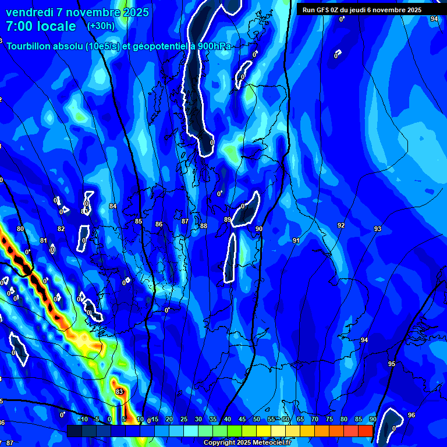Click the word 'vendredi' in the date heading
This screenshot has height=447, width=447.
coord(30,12)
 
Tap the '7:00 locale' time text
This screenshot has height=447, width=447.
coord(41,26)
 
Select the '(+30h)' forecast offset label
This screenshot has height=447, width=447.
coord(101,26)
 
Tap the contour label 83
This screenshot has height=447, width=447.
coord(119,392)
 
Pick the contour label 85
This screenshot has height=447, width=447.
coord(139,222)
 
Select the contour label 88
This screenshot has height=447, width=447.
coord(203,226)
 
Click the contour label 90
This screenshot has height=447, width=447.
coord(258,229)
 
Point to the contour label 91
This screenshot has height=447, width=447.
coord(296,240)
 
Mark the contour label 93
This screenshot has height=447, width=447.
coord(377,229)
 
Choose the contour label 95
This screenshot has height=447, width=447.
coord(392,364)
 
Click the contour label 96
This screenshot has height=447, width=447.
coord(411,415)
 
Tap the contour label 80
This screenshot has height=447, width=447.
coord(20,229)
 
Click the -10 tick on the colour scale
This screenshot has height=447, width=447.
coord(83,419)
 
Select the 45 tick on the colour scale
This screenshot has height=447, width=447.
coord(242,419)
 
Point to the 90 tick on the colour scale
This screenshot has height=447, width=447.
coord(372,419)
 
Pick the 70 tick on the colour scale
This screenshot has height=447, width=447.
coord(315,419)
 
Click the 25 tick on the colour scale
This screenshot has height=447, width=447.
coord(184,419)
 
